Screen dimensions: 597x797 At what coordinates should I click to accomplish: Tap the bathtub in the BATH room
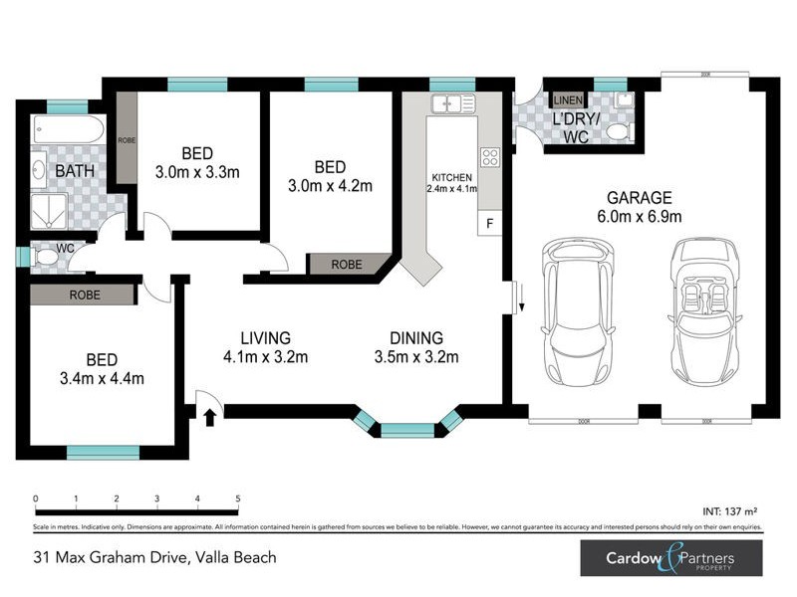65,129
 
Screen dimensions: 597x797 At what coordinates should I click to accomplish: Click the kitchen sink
452,101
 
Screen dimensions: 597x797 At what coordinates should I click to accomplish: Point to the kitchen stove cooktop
490,156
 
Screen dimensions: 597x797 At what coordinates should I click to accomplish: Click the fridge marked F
489,224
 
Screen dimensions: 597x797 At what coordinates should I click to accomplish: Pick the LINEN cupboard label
567,100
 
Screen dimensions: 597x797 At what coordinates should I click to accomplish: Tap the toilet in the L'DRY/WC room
618,130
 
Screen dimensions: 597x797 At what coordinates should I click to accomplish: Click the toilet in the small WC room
45,257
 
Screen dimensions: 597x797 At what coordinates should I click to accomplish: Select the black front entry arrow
209,417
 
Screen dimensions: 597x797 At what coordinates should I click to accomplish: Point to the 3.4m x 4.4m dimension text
102,377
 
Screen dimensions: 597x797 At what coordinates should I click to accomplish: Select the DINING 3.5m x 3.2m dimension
416,357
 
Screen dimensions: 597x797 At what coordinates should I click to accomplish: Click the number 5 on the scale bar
238,498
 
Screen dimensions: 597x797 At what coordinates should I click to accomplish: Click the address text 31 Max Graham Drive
107,558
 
